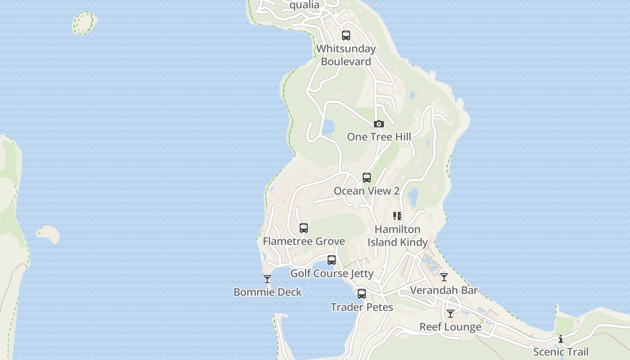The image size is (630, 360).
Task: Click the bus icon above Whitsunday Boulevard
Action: click(x=346, y=36)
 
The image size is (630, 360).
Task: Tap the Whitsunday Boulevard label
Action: click(x=346, y=55)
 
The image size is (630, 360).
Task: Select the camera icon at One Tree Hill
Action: click(x=379, y=124)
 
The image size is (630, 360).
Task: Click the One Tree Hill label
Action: click(x=379, y=137)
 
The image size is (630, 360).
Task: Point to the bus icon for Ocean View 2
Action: click(x=367, y=178)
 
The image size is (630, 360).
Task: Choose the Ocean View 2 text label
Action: click(x=366, y=191)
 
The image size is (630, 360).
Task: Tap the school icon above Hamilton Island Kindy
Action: click(x=397, y=216)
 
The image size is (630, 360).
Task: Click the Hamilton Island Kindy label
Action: click(x=397, y=236)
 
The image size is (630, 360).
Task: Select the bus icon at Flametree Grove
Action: click(x=304, y=228)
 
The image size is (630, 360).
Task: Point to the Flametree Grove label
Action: click(x=304, y=241)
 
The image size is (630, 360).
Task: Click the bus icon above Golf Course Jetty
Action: click(x=332, y=260)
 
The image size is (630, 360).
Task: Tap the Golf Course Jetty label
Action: click(x=332, y=274)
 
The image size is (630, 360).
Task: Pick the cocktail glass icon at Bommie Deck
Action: click(x=267, y=279)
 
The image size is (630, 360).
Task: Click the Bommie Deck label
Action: click(x=268, y=292)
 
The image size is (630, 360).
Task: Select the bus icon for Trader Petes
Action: click(x=362, y=294)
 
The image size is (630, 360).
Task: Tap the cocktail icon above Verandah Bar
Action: click(x=444, y=277)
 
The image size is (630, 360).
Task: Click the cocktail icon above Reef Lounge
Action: click(x=450, y=314)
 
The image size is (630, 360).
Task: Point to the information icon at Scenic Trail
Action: click(x=561, y=339)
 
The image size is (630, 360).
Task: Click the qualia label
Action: click(x=305, y=5)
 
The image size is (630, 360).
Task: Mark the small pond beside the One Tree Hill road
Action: click(x=328, y=127)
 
